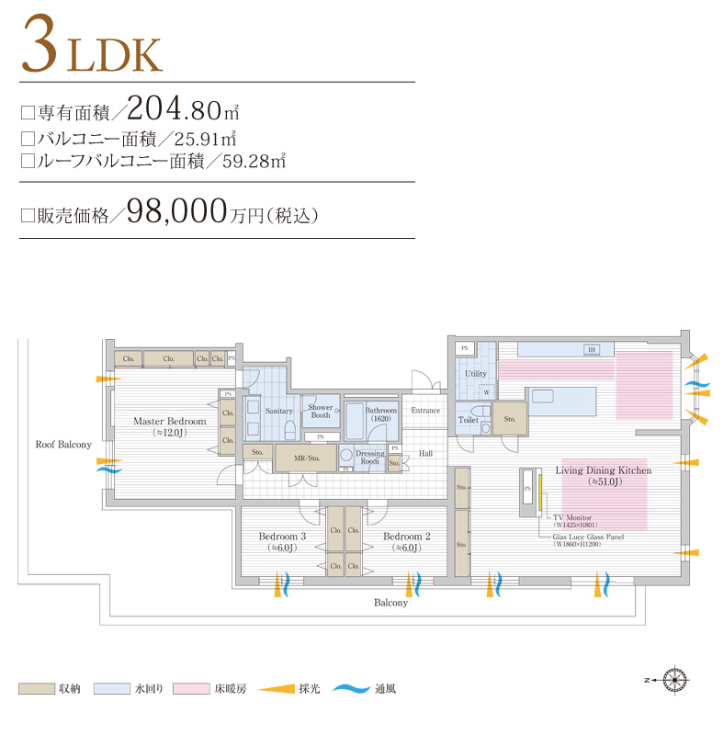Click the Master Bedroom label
click(169, 422)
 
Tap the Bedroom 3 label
click(281, 537)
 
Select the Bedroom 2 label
click(407, 537)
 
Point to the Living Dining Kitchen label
click(603, 470)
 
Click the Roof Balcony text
click(63, 445)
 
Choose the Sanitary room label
click(278, 411)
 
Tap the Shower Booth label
click(321, 411)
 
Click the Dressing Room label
click(370, 458)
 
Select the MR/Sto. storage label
click(306, 457)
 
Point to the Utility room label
click(475, 374)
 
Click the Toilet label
click(469, 420)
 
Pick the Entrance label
click(425, 411)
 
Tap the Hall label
click(425, 454)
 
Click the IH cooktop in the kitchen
click(592, 350)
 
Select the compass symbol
click(677, 680)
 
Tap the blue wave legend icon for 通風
click(349, 687)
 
